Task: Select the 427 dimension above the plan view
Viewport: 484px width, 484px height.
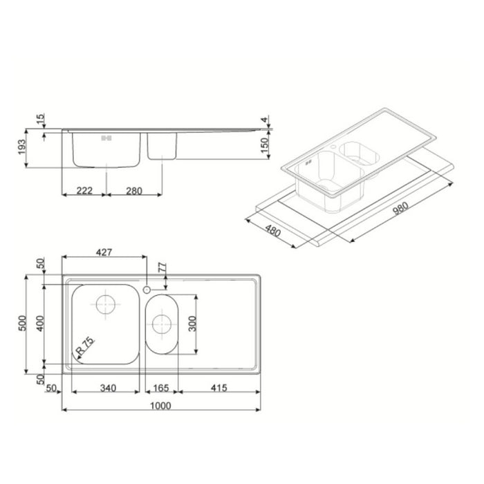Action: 103,253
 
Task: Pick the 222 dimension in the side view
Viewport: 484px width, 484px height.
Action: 84,192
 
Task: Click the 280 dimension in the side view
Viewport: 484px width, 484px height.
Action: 135,192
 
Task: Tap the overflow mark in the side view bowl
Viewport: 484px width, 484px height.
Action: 106,138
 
